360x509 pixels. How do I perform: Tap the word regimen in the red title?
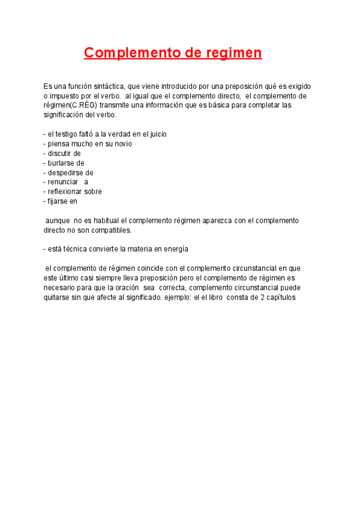click(233, 53)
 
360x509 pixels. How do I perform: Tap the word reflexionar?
click(67, 191)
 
